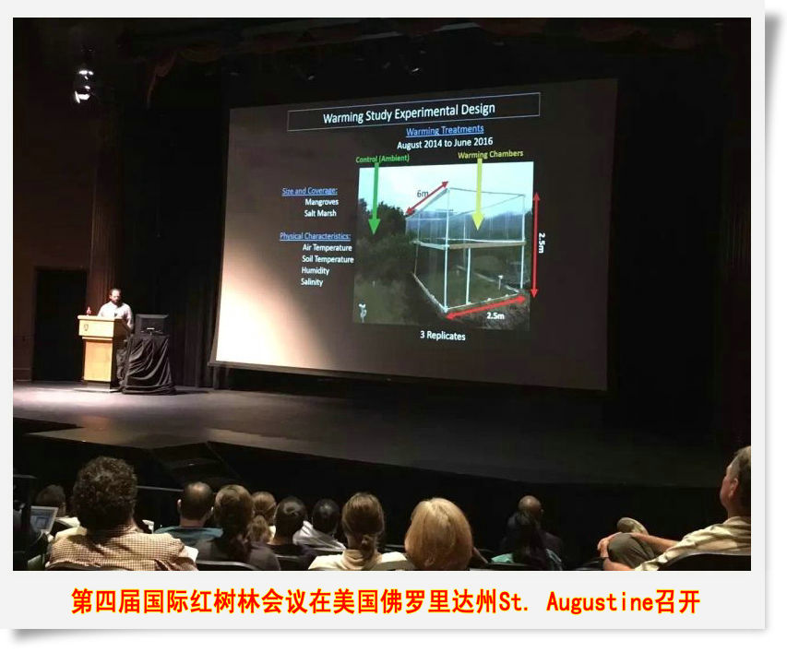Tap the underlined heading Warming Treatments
click(445, 131)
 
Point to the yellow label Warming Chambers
click(490, 155)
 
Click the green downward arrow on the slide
click(374, 199)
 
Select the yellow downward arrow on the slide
click(477, 198)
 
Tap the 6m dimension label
click(422, 195)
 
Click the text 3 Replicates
click(444, 336)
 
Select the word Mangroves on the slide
click(321, 202)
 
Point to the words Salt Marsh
click(320, 213)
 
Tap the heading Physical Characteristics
click(315, 236)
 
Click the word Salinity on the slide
click(312, 281)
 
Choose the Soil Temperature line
click(327, 259)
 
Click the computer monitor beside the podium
click(150, 324)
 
